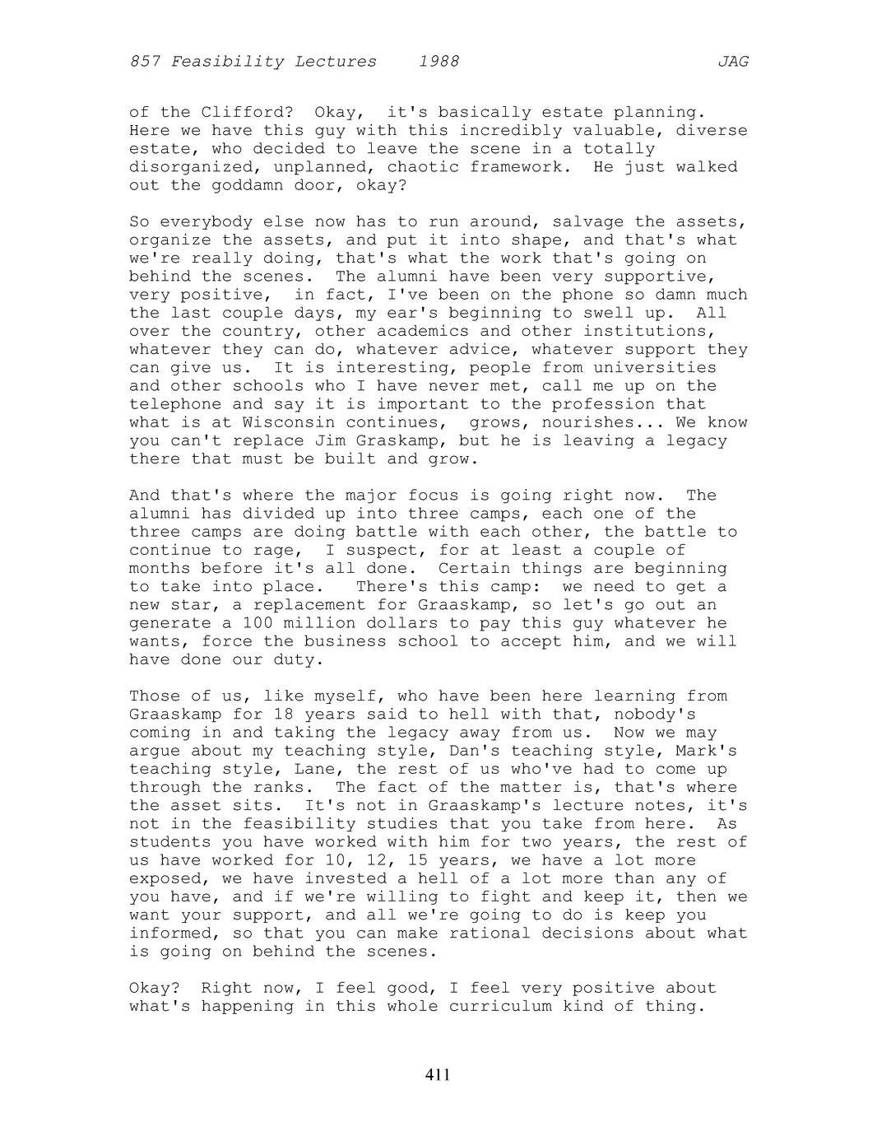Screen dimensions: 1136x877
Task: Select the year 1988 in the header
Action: pos(438,62)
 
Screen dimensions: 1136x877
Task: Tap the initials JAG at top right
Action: pos(732,62)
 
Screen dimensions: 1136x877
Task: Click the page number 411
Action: pos(438,1074)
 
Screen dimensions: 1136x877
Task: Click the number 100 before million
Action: pos(258,624)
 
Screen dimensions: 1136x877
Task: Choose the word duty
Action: pos(295,660)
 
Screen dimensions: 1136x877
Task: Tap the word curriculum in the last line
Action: pos(500,1007)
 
